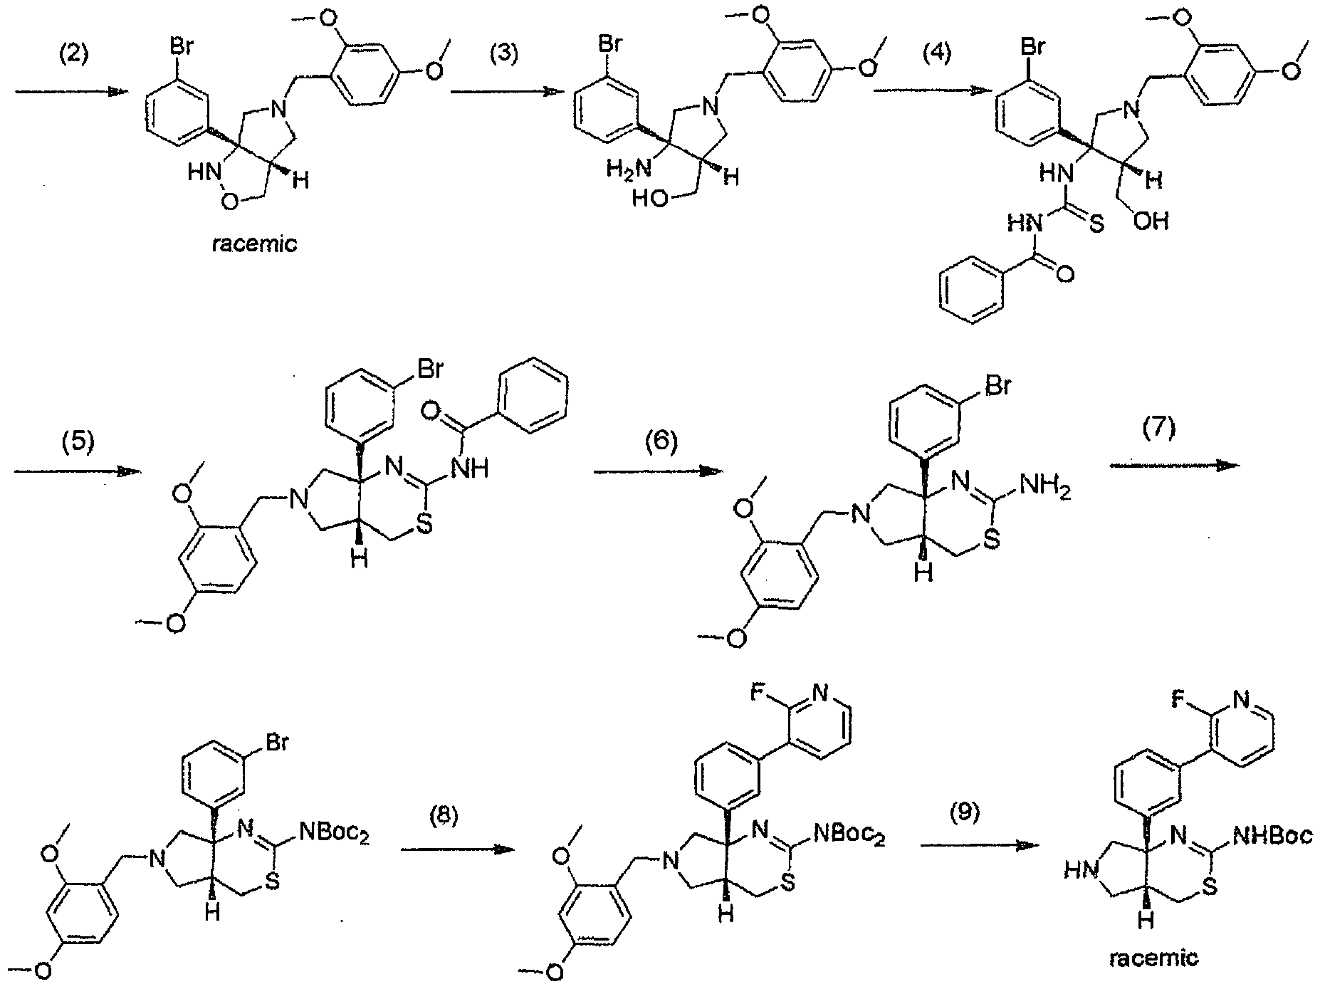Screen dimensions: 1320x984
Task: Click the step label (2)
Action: pos(73,54)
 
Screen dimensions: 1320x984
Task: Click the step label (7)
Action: pos(1161,430)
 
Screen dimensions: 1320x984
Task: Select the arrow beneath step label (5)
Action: pos(76,471)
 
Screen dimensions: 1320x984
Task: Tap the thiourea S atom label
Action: pos(1096,225)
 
